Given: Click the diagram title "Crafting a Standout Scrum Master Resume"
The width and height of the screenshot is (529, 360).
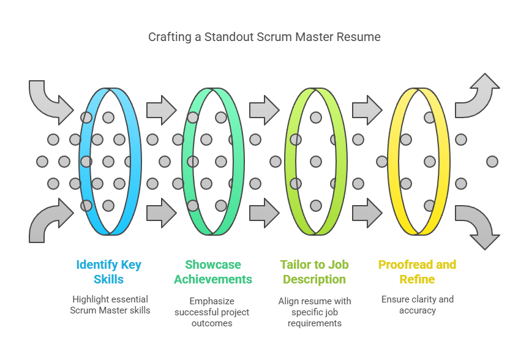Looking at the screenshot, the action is (264, 37).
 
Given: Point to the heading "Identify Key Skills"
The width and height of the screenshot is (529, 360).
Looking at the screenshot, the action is (108, 272).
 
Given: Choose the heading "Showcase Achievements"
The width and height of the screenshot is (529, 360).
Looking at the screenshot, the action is (213, 272).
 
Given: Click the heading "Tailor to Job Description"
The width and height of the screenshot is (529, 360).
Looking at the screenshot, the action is (315, 272).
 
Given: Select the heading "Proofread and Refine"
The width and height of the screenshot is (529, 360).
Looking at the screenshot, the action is (418, 272).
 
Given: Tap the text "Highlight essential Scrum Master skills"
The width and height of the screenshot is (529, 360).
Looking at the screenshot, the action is (110, 305).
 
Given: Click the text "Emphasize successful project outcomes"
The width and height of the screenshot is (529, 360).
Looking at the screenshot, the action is (212, 312).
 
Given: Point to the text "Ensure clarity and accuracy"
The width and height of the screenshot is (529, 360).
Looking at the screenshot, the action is (418, 305).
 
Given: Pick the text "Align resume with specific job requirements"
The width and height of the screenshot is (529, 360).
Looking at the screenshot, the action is (315, 312).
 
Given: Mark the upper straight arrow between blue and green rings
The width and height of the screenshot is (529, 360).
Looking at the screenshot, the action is (162, 110).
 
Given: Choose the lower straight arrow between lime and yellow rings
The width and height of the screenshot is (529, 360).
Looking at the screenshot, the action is (367, 213).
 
